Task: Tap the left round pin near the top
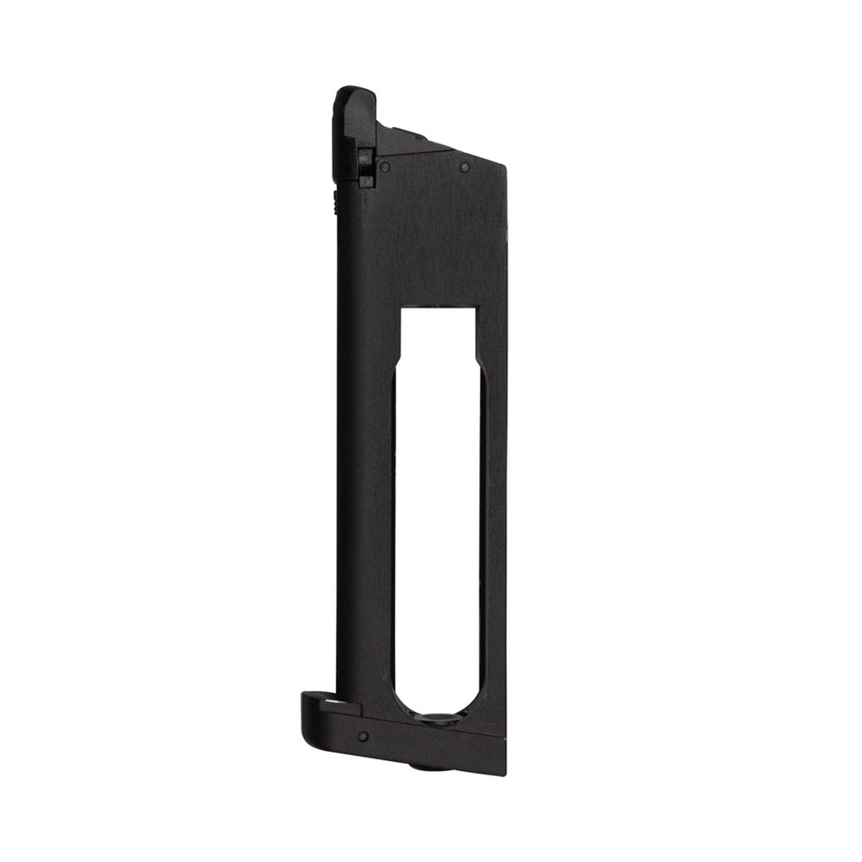point(385,167)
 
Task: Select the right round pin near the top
point(465,168)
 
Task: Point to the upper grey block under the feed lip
point(364,157)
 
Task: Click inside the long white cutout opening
point(438,505)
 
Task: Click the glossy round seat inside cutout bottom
point(439,720)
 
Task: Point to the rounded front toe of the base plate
point(308,716)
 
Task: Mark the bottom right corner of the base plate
point(504,772)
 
